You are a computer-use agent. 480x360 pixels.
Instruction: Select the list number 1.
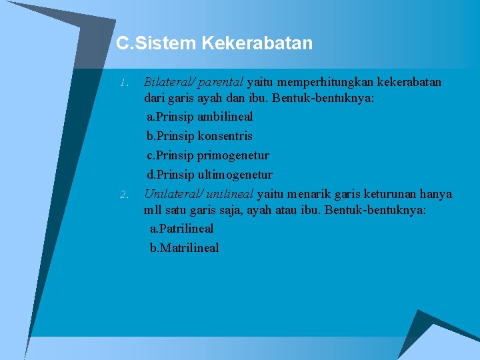tap(123, 83)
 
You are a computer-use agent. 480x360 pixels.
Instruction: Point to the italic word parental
tap(221, 83)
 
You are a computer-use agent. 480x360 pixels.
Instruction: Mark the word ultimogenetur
tap(235, 175)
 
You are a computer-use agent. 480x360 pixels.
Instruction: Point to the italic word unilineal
tap(229, 194)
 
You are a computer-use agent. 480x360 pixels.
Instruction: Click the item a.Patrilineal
tap(181, 229)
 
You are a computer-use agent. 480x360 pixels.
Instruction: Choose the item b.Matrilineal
tap(184, 248)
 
